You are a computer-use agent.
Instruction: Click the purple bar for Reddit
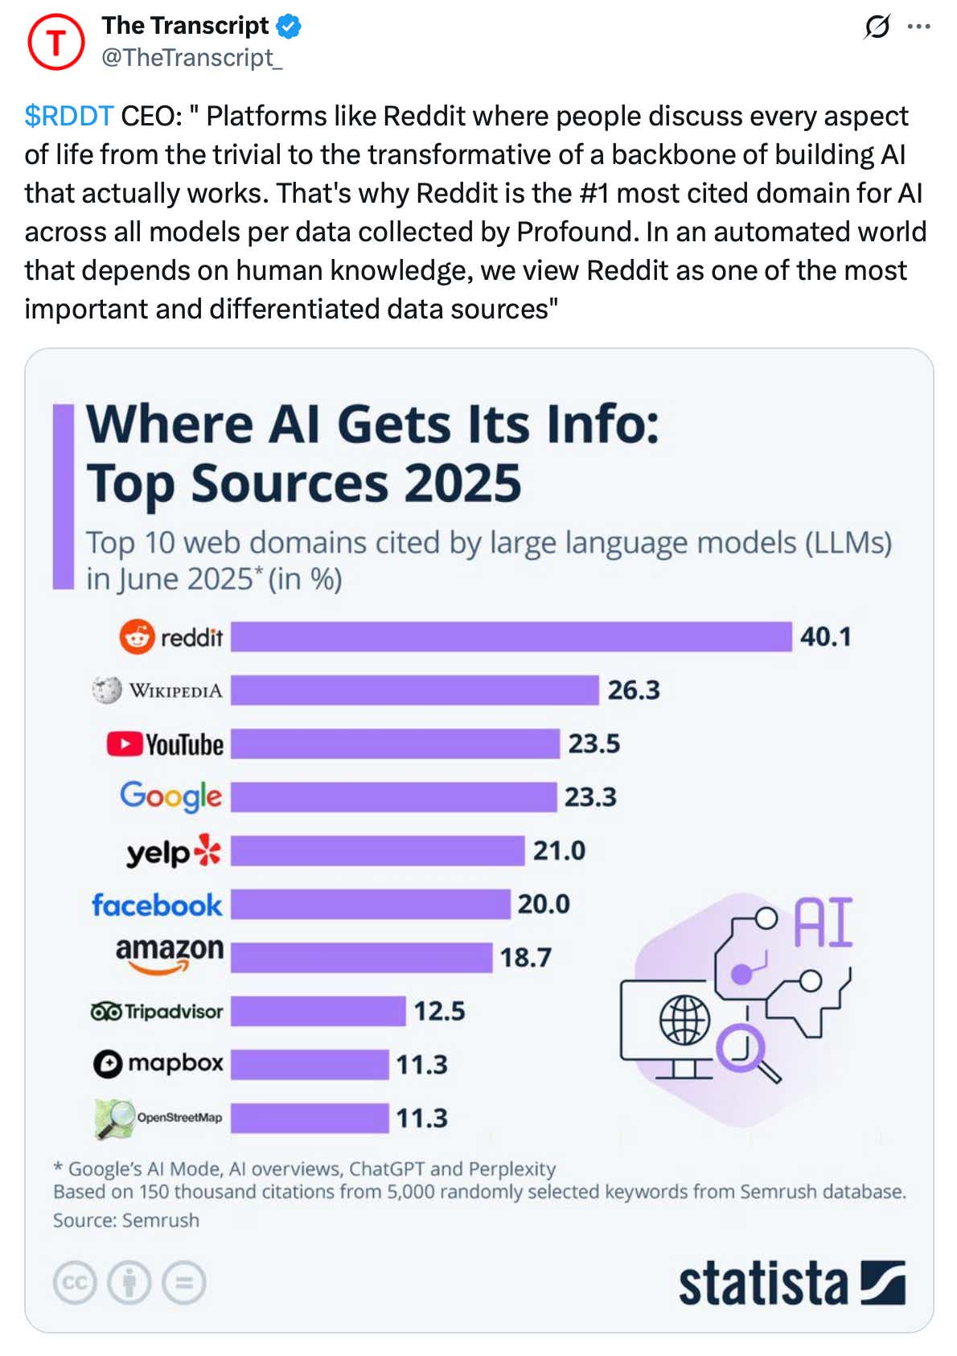click(x=511, y=636)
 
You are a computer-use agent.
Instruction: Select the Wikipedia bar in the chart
click(x=414, y=690)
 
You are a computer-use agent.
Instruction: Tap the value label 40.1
click(x=825, y=636)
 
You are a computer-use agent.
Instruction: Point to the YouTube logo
click(x=166, y=744)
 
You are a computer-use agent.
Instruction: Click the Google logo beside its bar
click(x=170, y=796)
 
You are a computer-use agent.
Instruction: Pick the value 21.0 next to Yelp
click(x=559, y=850)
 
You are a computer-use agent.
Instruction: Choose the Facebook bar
click(x=370, y=904)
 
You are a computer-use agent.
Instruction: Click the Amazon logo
click(x=170, y=954)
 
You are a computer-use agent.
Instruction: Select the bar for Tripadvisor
click(x=318, y=1011)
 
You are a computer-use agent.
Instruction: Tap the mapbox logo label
click(x=158, y=1063)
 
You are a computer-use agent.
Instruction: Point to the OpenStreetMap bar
click(x=310, y=1118)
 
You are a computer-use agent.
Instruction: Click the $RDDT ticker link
click(x=68, y=116)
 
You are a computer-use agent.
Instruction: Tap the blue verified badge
click(x=289, y=27)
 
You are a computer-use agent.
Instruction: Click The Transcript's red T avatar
click(x=55, y=42)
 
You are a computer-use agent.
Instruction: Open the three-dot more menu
click(x=918, y=27)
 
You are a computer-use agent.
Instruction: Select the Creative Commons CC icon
click(x=75, y=1282)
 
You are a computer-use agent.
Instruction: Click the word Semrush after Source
click(x=160, y=1220)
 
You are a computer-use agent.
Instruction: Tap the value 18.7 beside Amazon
click(x=526, y=957)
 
